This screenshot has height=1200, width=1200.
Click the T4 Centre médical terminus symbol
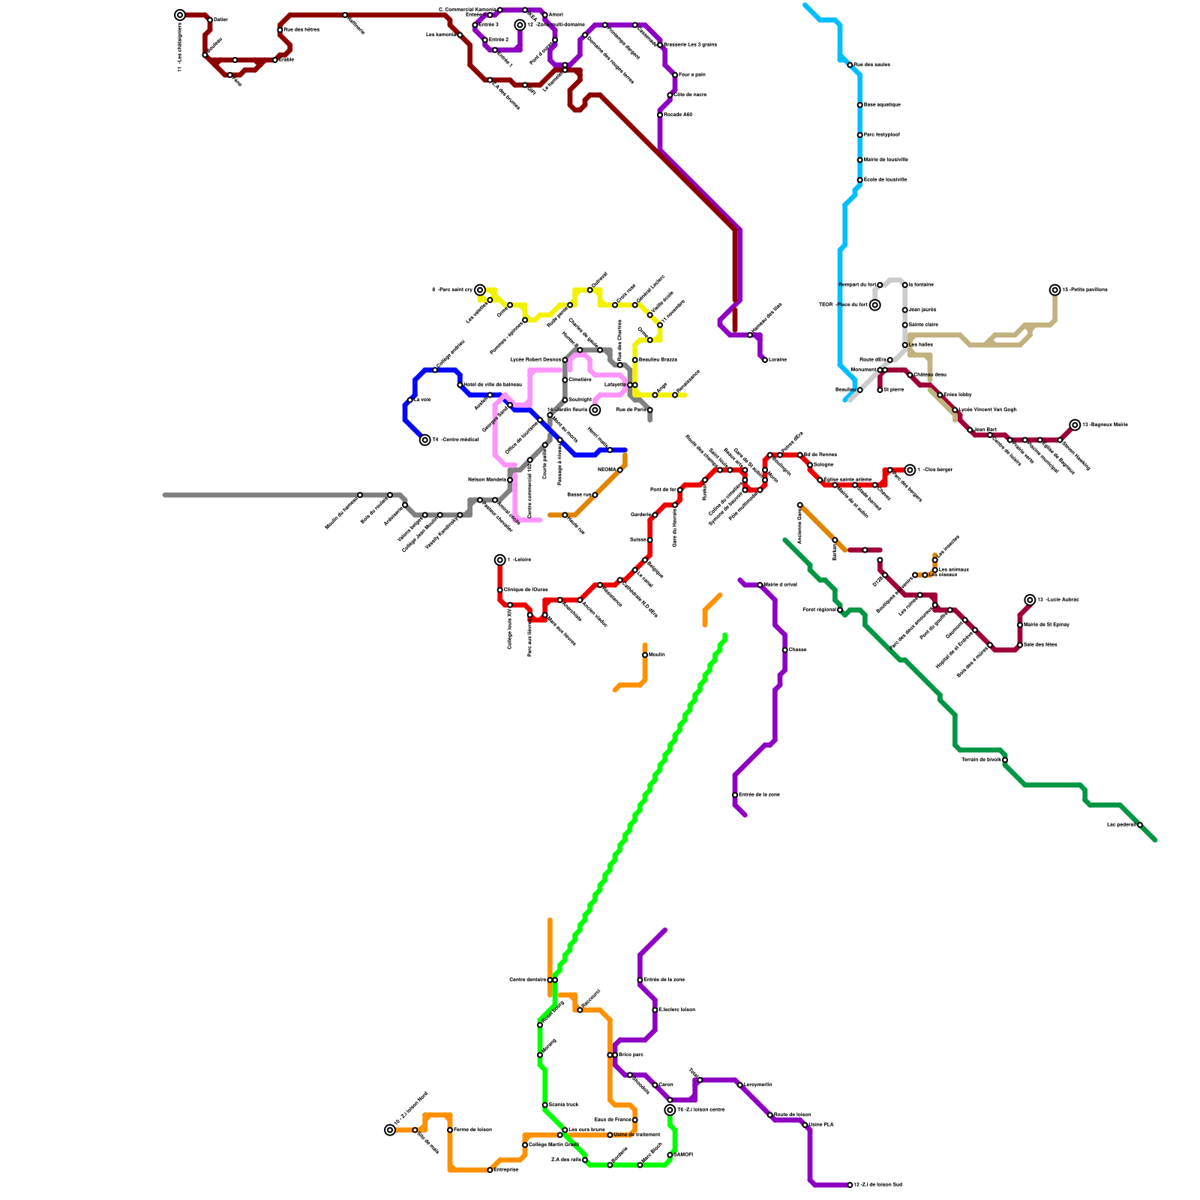(425, 440)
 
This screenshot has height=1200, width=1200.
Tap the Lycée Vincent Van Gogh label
(988, 409)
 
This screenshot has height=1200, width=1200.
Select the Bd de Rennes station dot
(800, 455)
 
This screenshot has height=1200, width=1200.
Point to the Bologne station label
(823, 465)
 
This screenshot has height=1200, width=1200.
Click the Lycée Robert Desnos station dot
(565, 360)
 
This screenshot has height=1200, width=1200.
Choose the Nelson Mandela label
(487, 479)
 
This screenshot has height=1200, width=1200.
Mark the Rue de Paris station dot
(649, 409)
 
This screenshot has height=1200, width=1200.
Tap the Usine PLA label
(821, 1124)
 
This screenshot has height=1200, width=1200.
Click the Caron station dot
(655, 1085)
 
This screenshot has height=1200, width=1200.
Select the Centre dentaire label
(528, 979)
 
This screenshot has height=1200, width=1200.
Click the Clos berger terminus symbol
(910, 470)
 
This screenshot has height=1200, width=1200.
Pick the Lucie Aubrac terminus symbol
(1030, 600)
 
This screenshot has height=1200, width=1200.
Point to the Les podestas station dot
(1140, 825)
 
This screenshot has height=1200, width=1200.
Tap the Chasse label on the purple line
(797, 649)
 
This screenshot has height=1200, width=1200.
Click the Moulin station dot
(645, 655)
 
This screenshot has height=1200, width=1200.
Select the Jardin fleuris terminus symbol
(595, 410)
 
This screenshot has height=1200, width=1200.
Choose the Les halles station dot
(905, 345)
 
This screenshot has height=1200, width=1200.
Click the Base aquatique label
(882, 105)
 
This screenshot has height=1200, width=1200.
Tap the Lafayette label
(615, 385)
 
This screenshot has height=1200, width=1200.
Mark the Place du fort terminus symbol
(875, 305)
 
